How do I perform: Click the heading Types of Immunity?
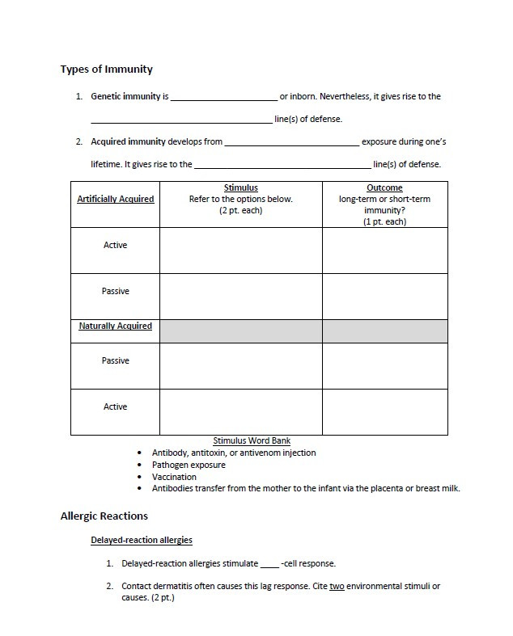click(106, 69)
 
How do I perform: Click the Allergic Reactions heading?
click(104, 516)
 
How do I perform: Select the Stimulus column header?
click(240, 188)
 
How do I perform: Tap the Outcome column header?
click(384, 188)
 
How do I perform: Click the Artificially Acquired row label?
click(115, 199)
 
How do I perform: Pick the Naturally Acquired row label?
click(115, 326)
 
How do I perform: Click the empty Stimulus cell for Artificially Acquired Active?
click(240, 251)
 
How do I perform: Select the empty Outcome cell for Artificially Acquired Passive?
click(384, 296)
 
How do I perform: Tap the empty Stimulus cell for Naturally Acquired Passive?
click(240, 366)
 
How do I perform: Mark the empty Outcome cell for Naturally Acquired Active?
click(384, 411)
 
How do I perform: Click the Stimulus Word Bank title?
click(252, 441)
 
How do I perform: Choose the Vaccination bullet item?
click(174, 477)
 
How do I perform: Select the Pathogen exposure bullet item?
click(189, 465)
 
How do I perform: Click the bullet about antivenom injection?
click(234, 453)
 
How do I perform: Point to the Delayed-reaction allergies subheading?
click(141, 540)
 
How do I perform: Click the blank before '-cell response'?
click(269, 564)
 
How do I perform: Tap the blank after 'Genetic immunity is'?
click(223, 97)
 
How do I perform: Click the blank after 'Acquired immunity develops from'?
click(291, 142)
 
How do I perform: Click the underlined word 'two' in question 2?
click(337, 586)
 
